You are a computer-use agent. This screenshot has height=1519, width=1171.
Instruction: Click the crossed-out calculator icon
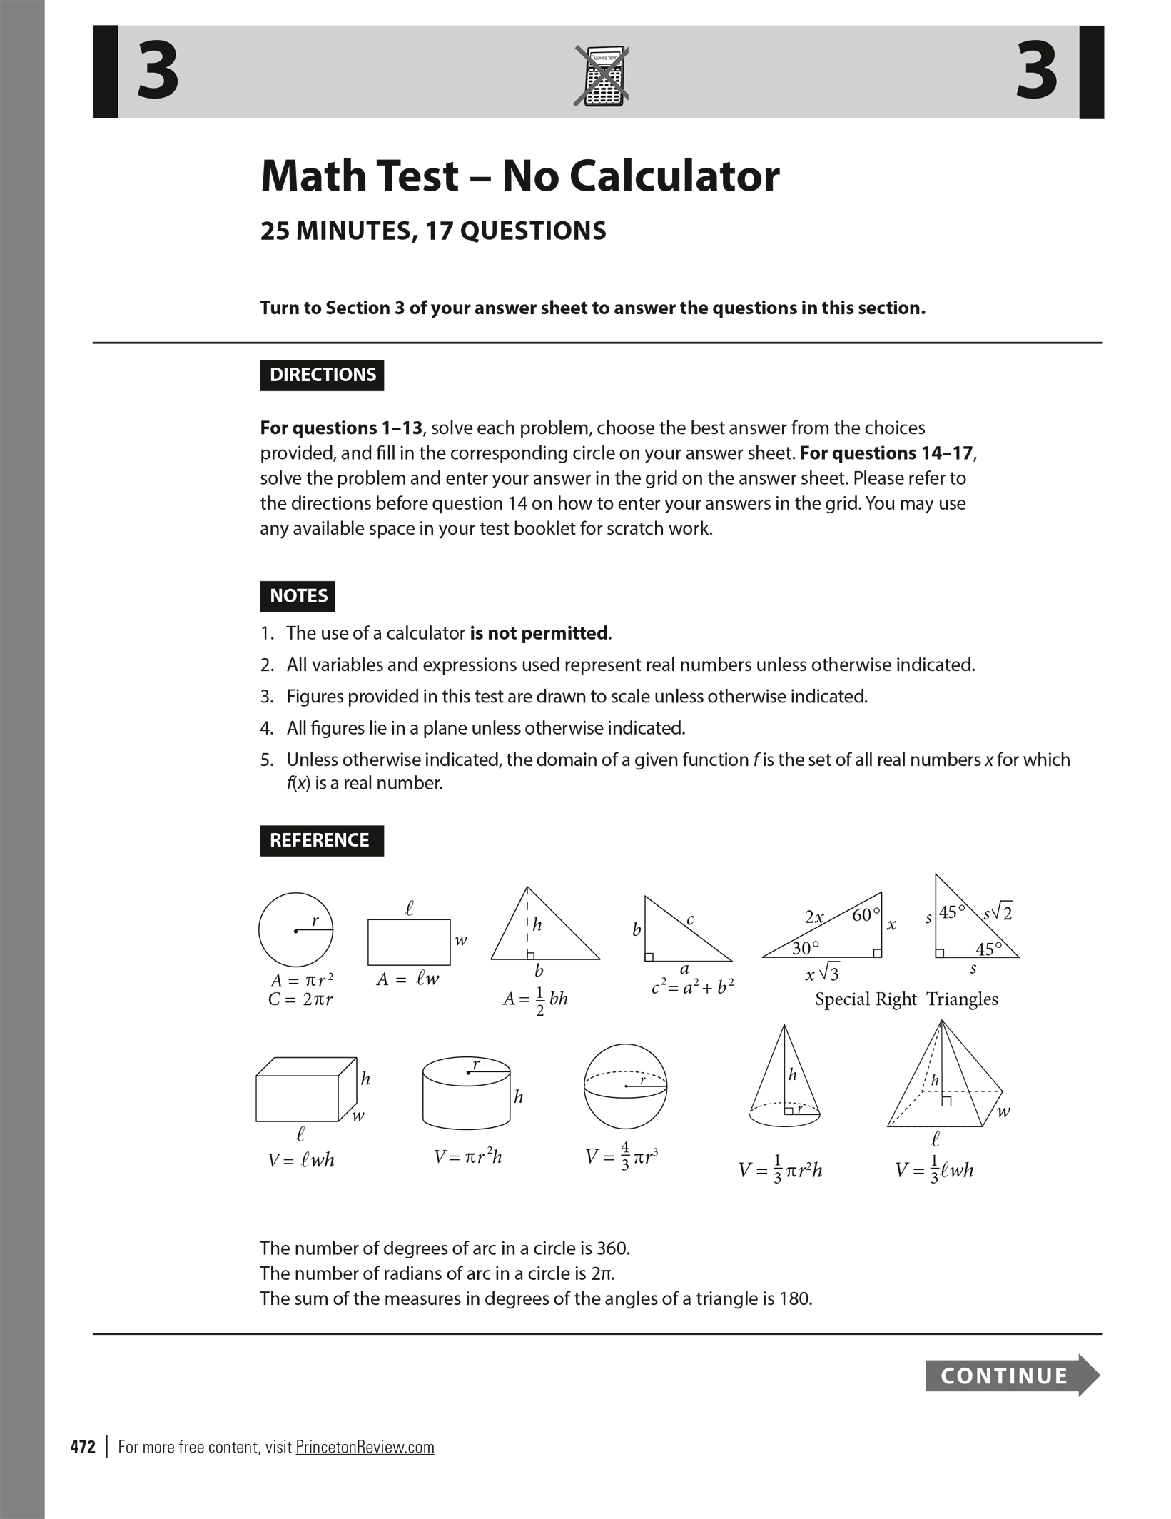[x=602, y=76]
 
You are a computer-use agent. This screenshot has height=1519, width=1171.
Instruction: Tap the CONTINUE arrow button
[x=1011, y=1375]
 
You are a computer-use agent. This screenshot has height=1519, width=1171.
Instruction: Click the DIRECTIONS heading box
[x=322, y=375]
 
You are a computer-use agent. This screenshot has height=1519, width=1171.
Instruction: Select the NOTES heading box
[x=298, y=596]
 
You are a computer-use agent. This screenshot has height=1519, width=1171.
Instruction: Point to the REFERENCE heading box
[x=321, y=840]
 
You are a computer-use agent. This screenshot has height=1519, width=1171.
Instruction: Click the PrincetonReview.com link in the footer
[x=365, y=1447]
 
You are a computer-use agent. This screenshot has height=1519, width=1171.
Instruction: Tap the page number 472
[x=83, y=1447]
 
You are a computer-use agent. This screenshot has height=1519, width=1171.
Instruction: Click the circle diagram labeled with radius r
[x=295, y=929]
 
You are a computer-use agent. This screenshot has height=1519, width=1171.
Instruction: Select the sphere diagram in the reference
[x=625, y=1085]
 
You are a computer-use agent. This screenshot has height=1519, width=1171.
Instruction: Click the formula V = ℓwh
[x=301, y=1161]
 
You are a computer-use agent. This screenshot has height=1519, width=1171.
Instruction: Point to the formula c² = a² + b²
[x=693, y=987]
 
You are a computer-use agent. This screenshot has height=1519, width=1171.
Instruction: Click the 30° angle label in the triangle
[x=806, y=948]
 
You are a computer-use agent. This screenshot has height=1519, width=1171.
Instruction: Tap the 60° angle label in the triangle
[x=866, y=914]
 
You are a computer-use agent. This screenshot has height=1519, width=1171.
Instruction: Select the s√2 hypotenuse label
[x=998, y=912]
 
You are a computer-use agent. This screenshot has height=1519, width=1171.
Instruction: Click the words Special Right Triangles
[x=906, y=999]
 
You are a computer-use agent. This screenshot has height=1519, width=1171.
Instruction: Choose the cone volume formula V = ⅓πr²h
[x=780, y=1171]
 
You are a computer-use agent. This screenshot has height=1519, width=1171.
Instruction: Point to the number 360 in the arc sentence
[x=612, y=1248]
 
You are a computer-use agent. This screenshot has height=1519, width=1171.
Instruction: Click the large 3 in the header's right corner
[x=1036, y=71]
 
